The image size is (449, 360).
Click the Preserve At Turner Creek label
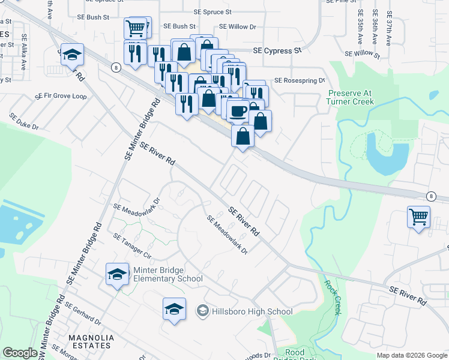[351, 97]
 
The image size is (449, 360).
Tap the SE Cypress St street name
[277, 52]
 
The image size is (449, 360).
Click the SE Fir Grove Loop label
[61, 96]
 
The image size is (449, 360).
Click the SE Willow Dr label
[238, 27]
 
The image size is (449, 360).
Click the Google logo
[20, 353]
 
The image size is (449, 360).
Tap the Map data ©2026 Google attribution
[412, 355]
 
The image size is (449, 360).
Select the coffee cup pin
[238, 110]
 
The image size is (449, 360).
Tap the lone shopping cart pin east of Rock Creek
[418, 217]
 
